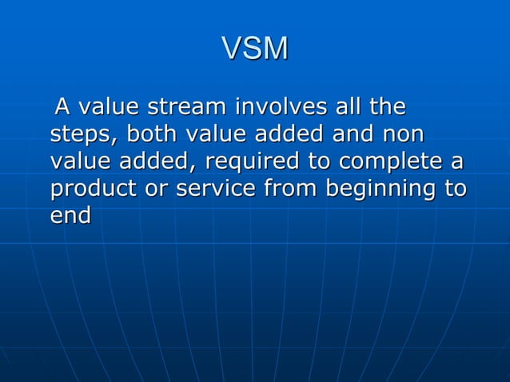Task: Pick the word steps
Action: coord(81,134)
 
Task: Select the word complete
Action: coord(392,162)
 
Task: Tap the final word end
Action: coord(70,217)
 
